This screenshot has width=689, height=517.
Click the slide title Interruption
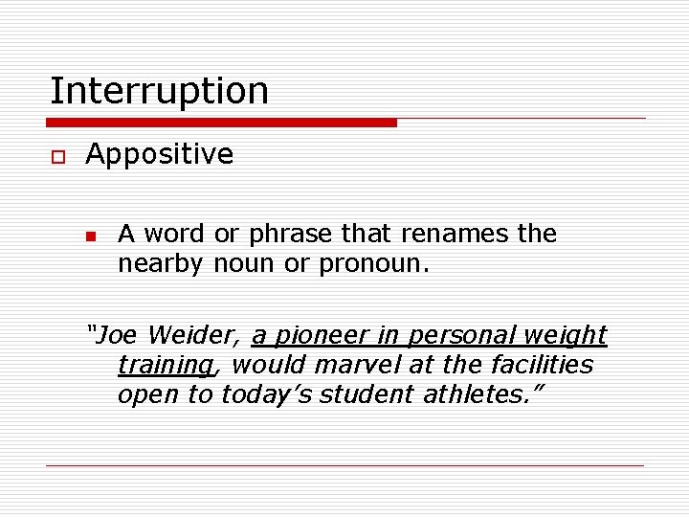coord(159,91)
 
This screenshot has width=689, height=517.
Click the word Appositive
coord(159,154)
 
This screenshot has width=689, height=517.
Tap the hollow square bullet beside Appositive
coord(56,155)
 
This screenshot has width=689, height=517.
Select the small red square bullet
coord(90,236)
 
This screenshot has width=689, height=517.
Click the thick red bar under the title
coord(222,123)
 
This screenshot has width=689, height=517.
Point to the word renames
coord(463,235)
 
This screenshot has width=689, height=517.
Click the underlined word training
coord(165,365)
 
